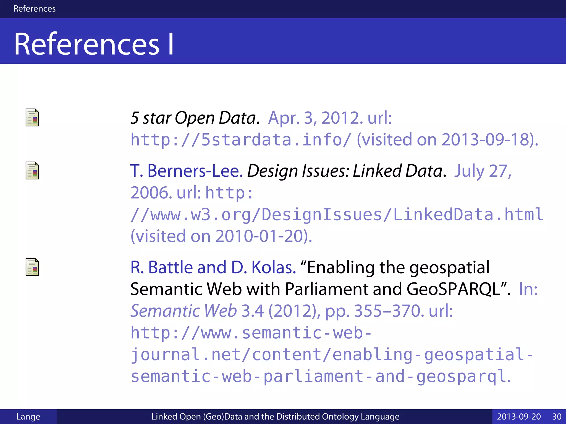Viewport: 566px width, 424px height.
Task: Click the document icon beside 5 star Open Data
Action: [32, 118]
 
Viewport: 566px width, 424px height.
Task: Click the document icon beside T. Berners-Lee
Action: [32, 171]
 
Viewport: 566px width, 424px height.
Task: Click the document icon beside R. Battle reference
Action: [32, 267]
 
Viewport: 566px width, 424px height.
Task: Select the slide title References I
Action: [94, 44]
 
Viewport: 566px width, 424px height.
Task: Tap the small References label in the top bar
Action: [34, 9]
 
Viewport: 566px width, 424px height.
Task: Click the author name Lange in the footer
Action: [28, 416]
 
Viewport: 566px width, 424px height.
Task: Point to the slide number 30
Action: [557, 416]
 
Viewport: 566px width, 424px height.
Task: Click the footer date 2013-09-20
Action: [519, 416]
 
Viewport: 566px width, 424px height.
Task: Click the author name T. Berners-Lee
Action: [186, 171]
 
